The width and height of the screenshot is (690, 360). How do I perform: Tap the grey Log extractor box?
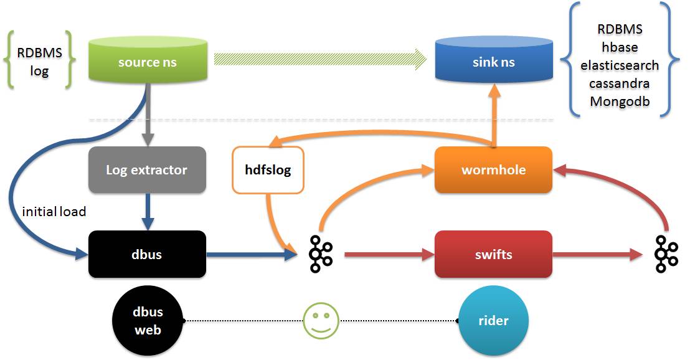pyautogui.click(x=147, y=169)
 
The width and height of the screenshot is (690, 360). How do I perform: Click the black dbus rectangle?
pyautogui.click(x=147, y=254)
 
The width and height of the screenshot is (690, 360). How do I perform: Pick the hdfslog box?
pyautogui.click(x=268, y=169)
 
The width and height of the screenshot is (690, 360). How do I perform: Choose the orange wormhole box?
pyautogui.click(x=493, y=169)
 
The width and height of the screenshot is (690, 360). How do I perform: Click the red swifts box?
pyautogui.click(x=493, y=254)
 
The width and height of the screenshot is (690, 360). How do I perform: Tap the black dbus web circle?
pyautogui.click(x=148, y=320)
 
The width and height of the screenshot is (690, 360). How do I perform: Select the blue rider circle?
pyautogui.click(x=493, y=321)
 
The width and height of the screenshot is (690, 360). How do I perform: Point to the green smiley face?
pyautogui.click(x=321, y=321)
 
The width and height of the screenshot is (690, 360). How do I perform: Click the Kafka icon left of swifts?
pyautogui.click(x=321, y=254)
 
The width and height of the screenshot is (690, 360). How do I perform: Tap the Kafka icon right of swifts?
pyautogui.click(x=666, y=254)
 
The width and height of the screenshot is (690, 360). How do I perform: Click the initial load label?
pyautogui.click(x=54, y=212)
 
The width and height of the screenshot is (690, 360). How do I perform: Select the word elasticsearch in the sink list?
pyautogui.click(x=620, y=65)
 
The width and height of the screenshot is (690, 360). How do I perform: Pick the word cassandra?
pyautogui.click(x=620, y=83)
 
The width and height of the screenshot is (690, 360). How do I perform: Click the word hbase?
pyautogui.click(x=620, y=47)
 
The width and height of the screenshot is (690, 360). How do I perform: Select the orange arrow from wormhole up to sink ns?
pyautogui.click(x=494, y=115)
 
